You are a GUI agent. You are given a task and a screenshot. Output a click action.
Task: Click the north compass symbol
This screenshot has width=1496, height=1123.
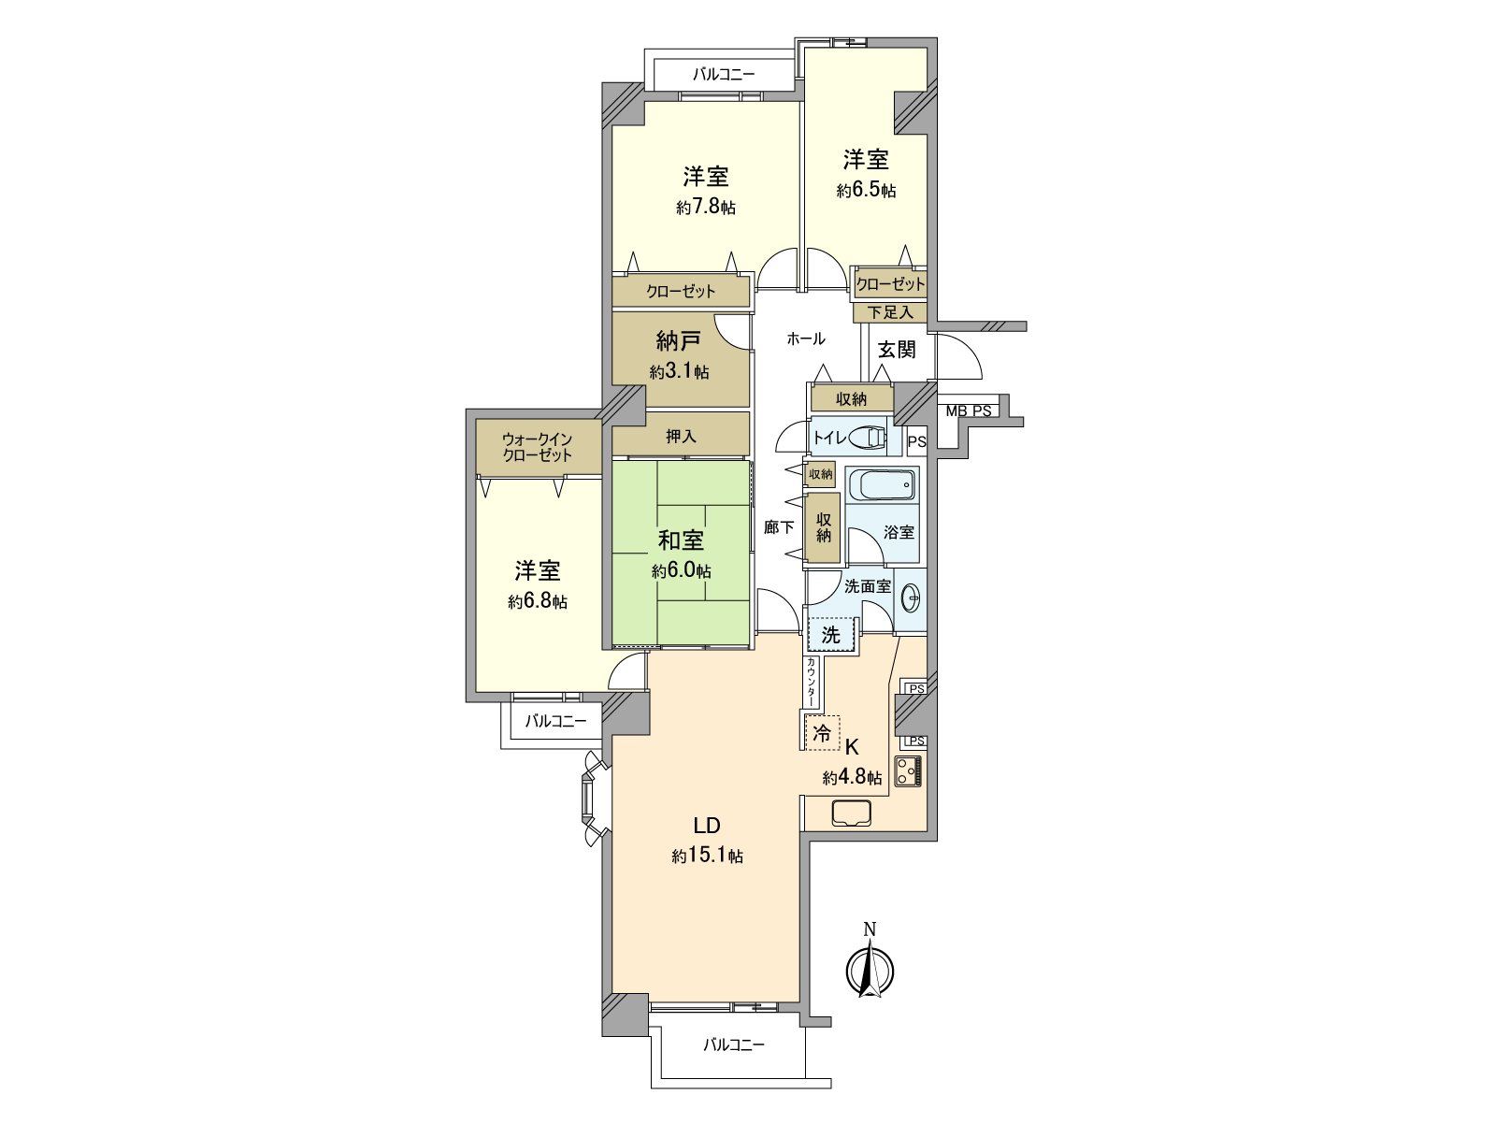870,969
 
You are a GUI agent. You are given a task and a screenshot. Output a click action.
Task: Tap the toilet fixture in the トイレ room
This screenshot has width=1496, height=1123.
870,438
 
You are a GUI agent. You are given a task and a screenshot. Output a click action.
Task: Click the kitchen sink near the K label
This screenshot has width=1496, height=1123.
852,813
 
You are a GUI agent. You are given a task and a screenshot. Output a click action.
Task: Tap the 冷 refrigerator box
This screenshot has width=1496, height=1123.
822,733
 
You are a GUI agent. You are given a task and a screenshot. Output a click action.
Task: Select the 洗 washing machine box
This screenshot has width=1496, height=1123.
831,635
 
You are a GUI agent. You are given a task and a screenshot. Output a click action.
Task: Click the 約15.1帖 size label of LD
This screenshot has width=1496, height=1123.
707,856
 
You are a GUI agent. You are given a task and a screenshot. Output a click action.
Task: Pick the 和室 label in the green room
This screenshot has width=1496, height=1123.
681,540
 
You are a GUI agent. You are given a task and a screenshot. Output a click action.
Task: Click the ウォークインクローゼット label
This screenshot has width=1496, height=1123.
537,447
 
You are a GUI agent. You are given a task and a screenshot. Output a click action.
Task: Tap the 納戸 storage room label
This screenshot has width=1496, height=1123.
679,340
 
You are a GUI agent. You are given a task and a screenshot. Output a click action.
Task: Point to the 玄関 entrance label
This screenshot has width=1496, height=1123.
897,350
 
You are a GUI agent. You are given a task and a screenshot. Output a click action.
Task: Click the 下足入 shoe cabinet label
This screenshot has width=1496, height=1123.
889,312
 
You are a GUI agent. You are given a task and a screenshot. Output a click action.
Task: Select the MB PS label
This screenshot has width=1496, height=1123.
968,410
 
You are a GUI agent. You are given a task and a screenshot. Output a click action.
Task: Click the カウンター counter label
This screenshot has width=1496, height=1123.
811,683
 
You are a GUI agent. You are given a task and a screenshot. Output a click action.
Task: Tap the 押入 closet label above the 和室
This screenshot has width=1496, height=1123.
681,436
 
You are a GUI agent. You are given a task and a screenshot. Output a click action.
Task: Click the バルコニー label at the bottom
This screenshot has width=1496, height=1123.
734,1044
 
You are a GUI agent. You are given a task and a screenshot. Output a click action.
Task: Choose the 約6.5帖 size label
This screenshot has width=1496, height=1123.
866,191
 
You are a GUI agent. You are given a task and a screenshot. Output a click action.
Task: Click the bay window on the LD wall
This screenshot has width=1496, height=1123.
590,798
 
